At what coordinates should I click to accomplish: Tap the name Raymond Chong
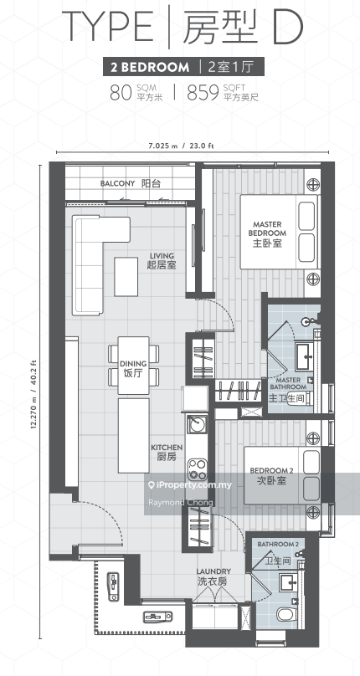(180, 503)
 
